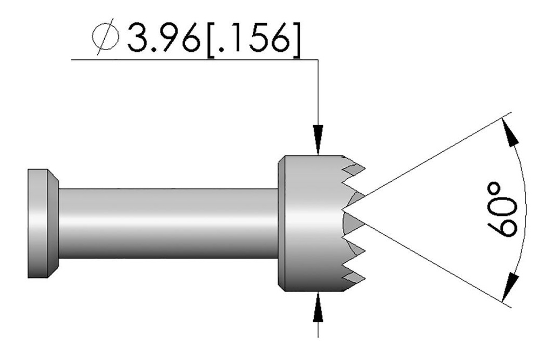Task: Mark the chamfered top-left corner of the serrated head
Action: pyautogui.click(x=281, y=160)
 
